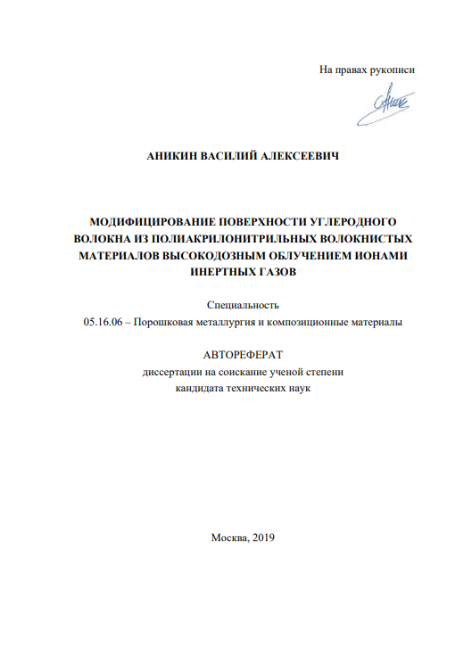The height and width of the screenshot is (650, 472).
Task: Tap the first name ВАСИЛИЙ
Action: click(x=233, y=156)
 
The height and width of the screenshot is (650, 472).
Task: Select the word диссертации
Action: click(x=170, y=371)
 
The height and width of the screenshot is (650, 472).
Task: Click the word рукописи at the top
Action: click(x=393, y=70)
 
